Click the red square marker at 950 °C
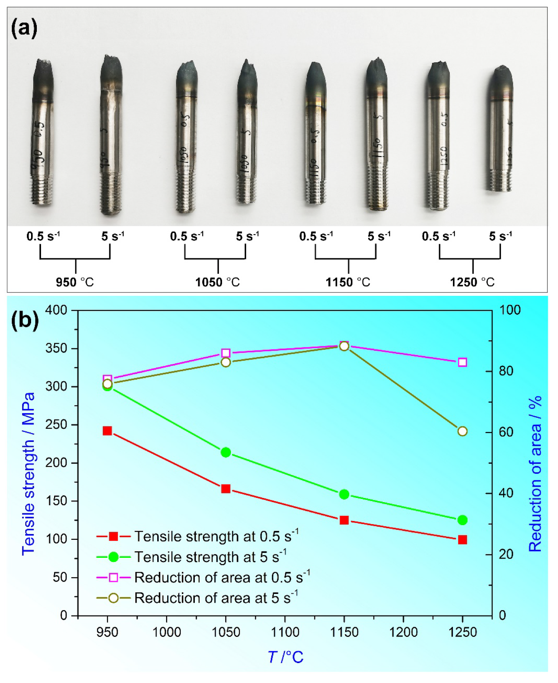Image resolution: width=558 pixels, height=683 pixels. point(107,431)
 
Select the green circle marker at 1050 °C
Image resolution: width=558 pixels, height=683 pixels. point(226,452)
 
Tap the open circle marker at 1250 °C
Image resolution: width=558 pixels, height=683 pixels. point(463,432)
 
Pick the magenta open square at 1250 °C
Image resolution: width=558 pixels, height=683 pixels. point(463,362)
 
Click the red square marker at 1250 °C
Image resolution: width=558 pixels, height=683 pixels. point(463,540)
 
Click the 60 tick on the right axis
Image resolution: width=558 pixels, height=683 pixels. point(506,432)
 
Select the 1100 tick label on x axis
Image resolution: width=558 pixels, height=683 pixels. point(285,632)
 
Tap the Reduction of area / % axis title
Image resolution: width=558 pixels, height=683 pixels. point(535,474)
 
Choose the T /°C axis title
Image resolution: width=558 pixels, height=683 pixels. point(285,657)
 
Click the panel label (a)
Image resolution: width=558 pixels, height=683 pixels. point(24,29)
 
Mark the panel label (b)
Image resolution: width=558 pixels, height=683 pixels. point(25,320)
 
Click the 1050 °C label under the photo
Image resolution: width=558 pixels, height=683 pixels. point(217,283)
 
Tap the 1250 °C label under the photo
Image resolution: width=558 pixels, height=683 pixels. point(472,283)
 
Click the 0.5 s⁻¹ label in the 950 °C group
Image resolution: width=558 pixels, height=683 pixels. point(43,236)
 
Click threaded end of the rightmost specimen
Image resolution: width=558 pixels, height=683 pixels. point(500,180)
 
